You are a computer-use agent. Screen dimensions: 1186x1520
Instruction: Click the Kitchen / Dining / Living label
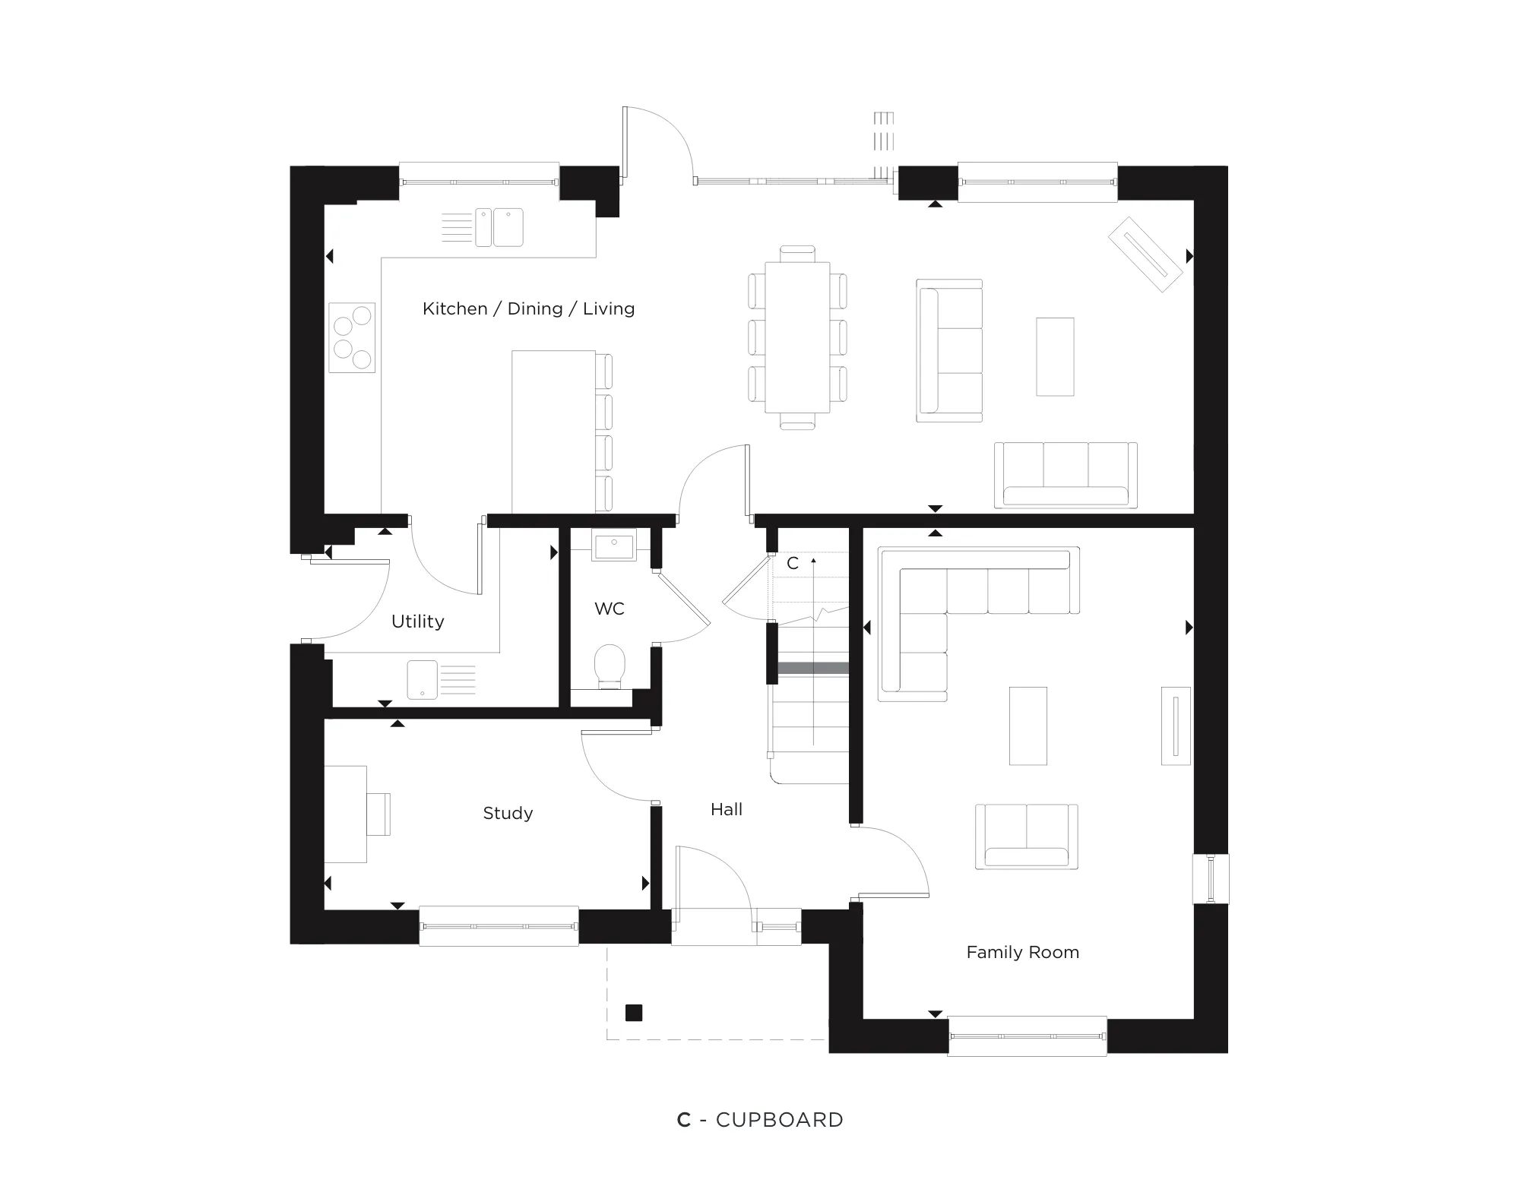pyautogui.click(x=528, y=308)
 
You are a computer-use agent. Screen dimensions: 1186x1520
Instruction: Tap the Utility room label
pyautogui.click(x=417, y=621)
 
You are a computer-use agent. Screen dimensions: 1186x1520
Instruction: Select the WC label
pyautogui.click(x=610, y=609)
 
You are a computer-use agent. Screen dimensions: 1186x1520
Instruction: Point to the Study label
pyautogui.click(x=508, y=813)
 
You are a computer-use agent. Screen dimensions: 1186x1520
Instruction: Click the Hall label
pyautogui.click(x=726, y=809)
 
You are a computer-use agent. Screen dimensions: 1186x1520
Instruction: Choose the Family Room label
pyautogui.click(x=1022, y=952)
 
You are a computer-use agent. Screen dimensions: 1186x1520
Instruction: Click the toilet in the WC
pyautogui.click(x=610, y=665)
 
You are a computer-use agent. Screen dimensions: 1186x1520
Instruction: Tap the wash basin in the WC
pyautogui.click(x=614, y=546)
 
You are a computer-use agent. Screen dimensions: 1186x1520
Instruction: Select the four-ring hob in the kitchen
pyautogui.click(x=352, y=337)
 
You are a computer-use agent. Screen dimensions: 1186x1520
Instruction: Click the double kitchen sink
pyautogui.click(x=499, y=227)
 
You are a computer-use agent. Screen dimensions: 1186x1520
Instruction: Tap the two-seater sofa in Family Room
pyautogui.click(x=1026, y=836)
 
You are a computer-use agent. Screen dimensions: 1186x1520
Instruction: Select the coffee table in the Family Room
pyautogui.click(x=1028, y=726)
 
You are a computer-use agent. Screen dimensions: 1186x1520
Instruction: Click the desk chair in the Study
pyautogui.click(x=378, y=814)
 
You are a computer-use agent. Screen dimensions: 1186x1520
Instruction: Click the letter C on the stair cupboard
pyautogui.click(x=793, y=563)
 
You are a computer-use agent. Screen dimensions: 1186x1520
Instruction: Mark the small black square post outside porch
pyautogui.click(x=633, y=1012)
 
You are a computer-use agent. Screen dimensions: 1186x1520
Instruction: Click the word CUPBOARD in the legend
pyautogui.click(x=779, y=1120)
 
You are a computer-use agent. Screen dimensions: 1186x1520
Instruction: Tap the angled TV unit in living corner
pyautogui.click(x=1145, y=254)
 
